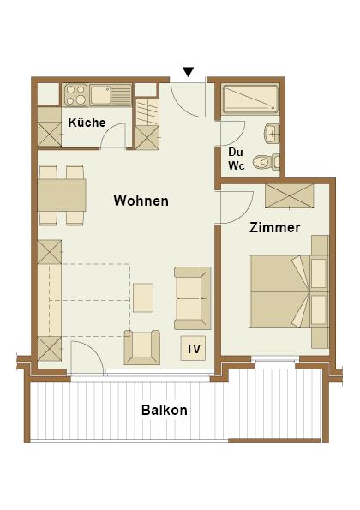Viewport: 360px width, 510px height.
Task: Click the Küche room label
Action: [87, 123]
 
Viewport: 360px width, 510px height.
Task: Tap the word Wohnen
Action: [141, 201]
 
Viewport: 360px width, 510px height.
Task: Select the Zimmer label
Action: [275, 227]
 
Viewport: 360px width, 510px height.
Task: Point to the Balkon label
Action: [165, 410]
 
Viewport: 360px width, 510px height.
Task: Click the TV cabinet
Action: [193, 349]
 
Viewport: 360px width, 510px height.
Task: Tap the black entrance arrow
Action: [189, 72]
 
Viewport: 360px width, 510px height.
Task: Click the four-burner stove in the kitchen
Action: [75, 95]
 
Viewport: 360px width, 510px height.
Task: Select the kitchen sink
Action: [110, 95]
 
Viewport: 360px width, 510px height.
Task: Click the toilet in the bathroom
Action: [267, 162]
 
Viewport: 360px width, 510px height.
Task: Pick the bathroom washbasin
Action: [272, 134]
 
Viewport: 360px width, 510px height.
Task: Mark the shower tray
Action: [250, 99]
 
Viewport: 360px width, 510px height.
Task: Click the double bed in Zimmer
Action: [289, 291]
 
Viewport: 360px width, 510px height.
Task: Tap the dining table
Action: [62, 195]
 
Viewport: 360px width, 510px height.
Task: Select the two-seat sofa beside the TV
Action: [193, 298]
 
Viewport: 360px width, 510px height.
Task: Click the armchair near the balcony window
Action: [142, 347]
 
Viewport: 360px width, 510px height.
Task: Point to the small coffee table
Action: [143, 297]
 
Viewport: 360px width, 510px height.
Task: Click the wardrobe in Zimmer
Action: [290, 195]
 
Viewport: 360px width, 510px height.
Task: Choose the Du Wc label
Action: [236, 159]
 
